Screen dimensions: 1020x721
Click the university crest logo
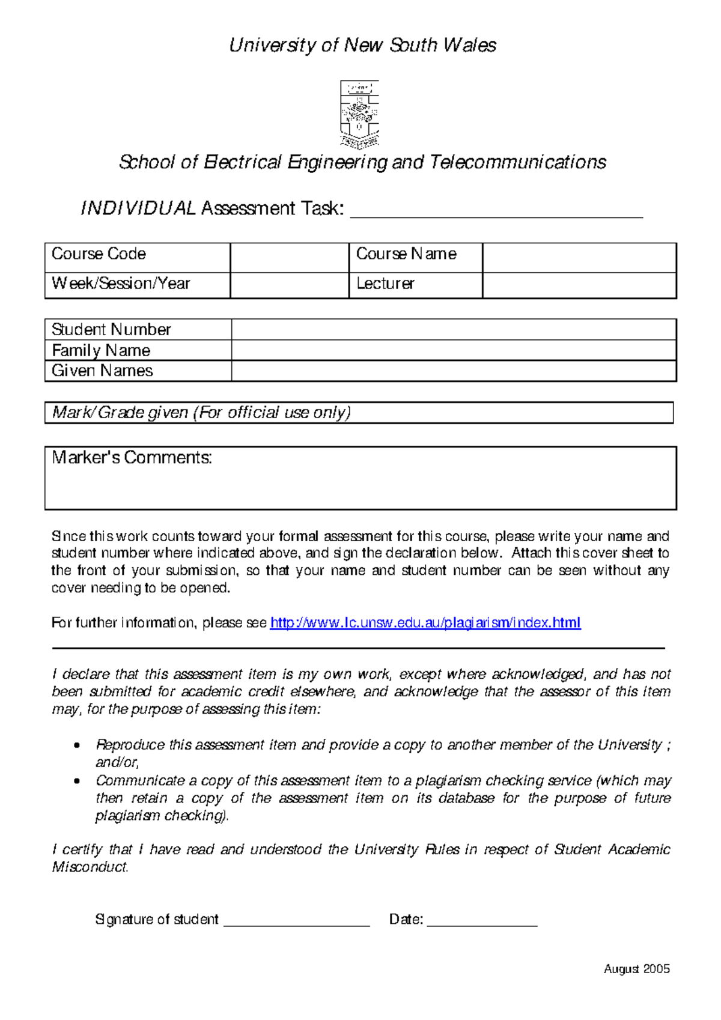(359, 114)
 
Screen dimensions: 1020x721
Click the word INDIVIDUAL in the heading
(138, 208)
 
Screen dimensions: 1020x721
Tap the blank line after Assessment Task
(496, 211)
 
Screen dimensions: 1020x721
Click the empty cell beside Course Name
(579, 258)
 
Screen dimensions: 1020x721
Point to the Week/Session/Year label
(121, 284)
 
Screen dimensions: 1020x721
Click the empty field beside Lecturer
(579, 285)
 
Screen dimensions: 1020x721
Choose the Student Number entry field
(454, 330)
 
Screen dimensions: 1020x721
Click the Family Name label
(101, 351)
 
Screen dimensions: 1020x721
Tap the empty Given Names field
(454, 371)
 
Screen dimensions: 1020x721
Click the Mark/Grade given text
(201, 413)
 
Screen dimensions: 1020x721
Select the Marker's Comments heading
(132, 458)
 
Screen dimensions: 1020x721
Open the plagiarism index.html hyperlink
(425, 623)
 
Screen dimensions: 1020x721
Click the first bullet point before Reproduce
(76, 746)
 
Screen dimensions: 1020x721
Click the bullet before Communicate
(76, 782)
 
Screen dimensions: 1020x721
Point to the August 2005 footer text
(636, 969)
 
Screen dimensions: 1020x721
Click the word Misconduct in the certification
(90, 867)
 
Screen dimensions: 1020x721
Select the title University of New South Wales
(362, 46)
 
